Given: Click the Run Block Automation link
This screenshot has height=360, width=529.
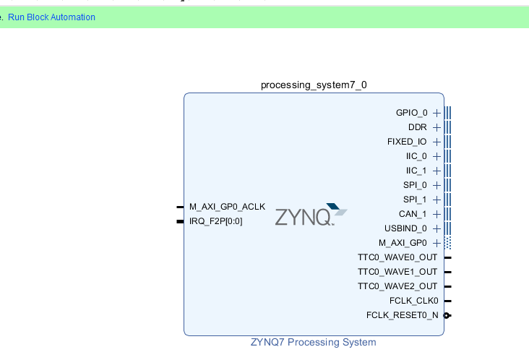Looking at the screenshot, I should click(x=51, y=17).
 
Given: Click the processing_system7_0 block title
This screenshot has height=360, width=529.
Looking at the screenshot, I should click(x=314, y=85).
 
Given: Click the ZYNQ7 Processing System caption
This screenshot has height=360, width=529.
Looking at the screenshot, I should click(x=314, y=342).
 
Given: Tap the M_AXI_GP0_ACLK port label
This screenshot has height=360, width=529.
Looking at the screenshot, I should click(x=227, y=207).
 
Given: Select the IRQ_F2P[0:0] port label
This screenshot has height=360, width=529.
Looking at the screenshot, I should click(x=216, y=221).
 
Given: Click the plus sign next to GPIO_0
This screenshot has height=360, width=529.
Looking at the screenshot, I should click(x=436, y=113).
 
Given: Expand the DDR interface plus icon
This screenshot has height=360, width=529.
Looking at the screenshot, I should click(x=436, y=127).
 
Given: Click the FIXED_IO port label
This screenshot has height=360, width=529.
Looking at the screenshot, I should click(x=407, y=142).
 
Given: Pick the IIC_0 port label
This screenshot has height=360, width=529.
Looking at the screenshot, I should click(x=416, y=156).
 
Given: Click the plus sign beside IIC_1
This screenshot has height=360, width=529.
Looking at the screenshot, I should click(x=436, y=171).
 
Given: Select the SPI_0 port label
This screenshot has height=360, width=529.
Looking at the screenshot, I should click(x=415, y=185).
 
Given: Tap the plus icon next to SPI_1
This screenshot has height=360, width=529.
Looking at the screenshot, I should click(x=436, y=200).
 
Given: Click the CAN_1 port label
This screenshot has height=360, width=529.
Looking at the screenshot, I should click(x=413, y=214).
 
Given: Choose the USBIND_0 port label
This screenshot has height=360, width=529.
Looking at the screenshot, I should click(x=405, y=228).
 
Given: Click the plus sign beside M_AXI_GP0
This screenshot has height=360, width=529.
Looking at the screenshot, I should click(x=436, y=243).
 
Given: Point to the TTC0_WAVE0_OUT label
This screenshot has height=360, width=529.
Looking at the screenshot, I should click(x=397, y=257).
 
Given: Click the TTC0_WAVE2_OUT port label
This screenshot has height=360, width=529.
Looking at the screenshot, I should click(x=397, y=286).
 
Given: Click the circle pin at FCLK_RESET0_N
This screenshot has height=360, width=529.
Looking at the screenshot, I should click(x=447, y=315).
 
